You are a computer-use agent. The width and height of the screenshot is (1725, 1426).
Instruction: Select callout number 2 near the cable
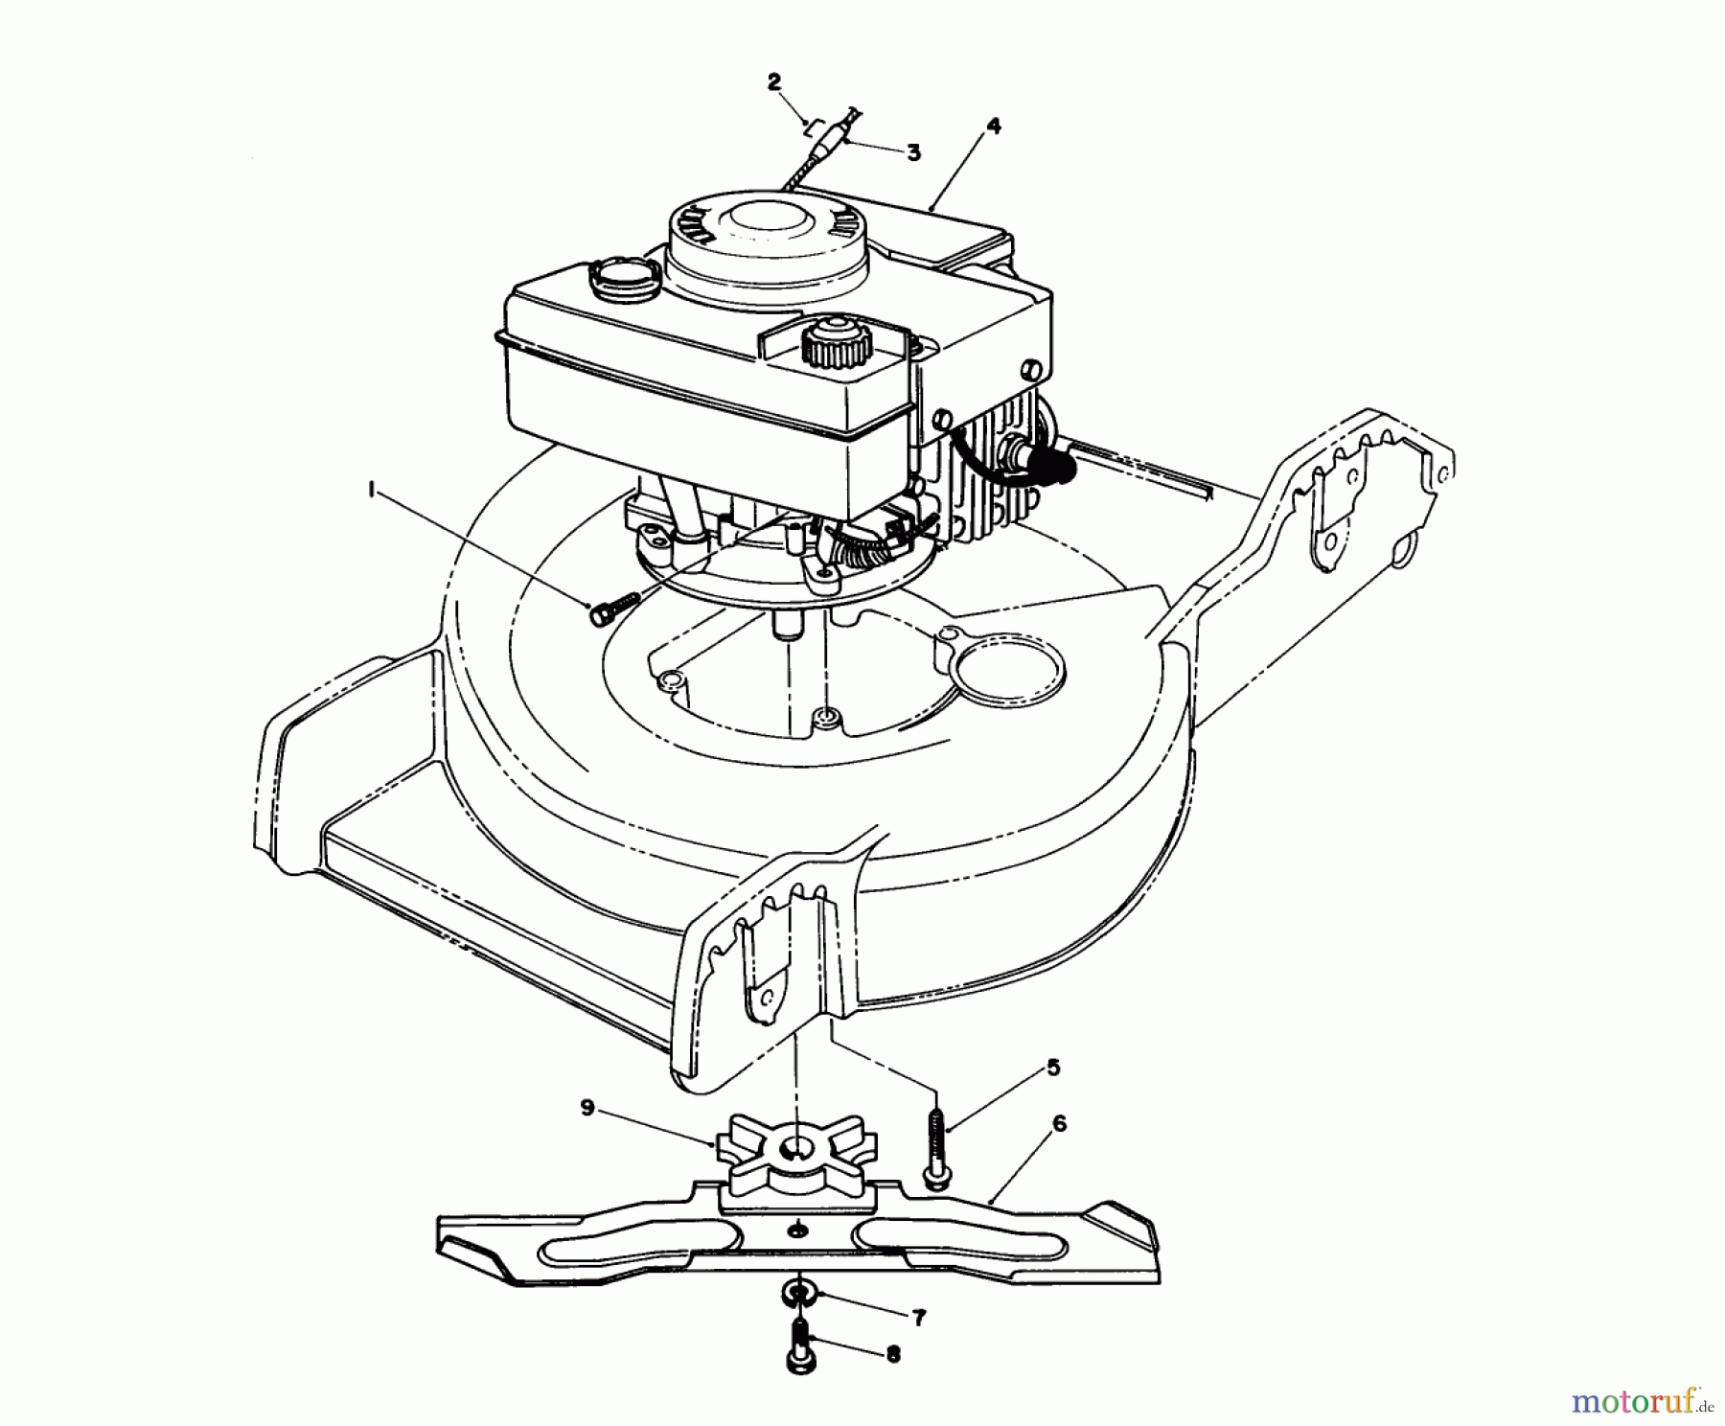click(774, 81)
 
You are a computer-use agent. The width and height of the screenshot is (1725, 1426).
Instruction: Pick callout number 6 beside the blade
click(1058, 1123)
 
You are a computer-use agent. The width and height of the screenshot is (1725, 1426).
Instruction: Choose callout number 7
click(918, 1320)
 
